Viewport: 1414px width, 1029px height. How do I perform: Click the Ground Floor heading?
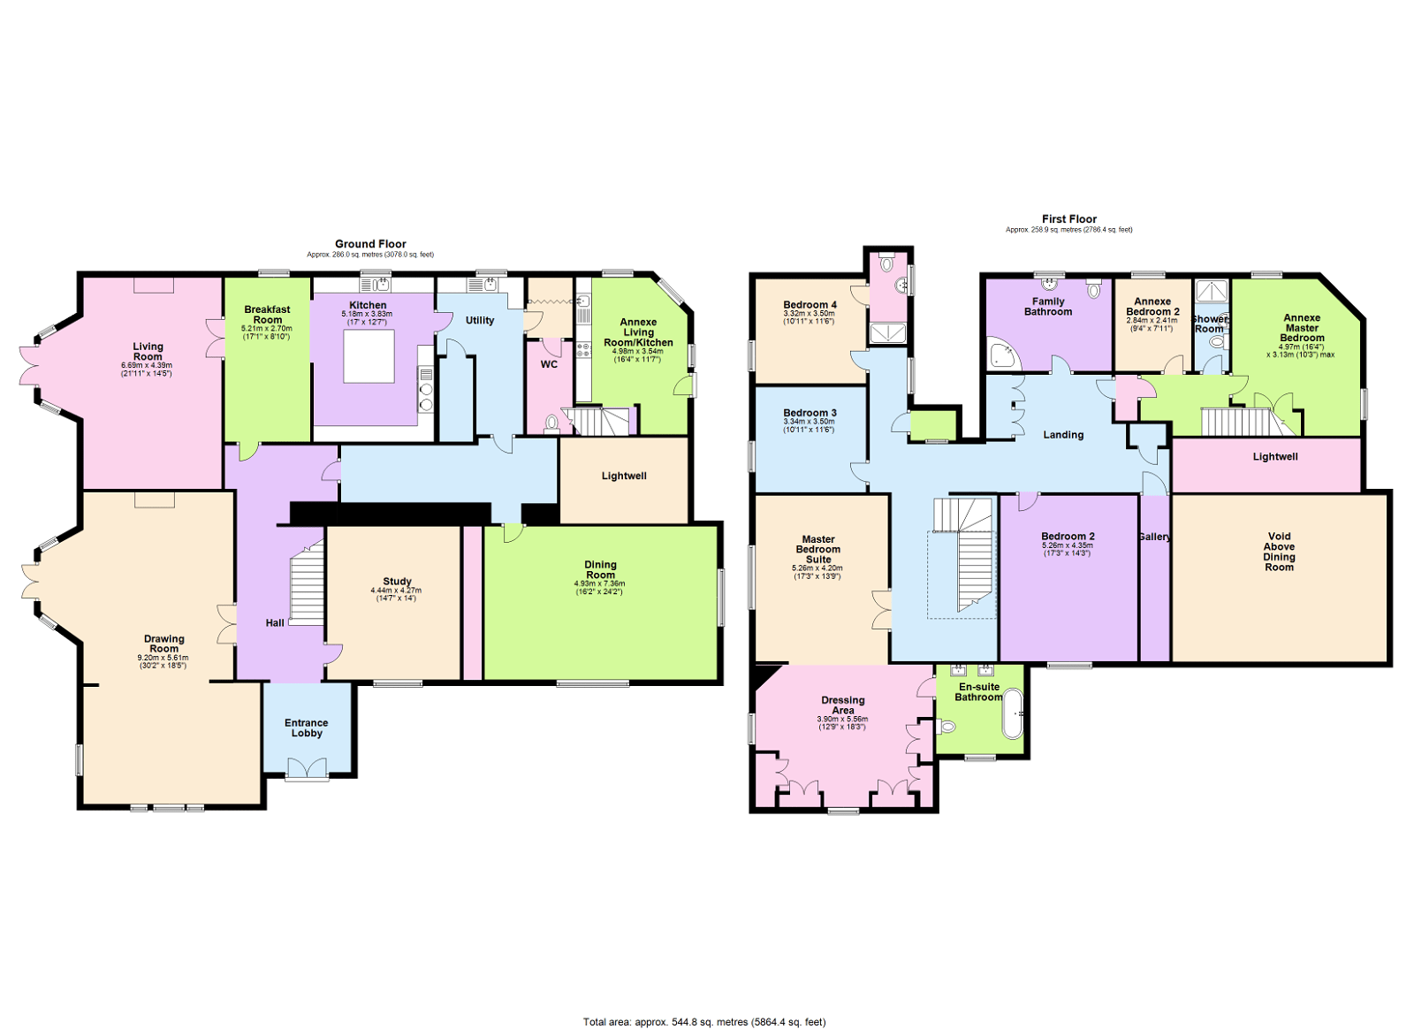(x=370, y=244)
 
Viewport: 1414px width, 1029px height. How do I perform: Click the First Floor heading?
(x=1068, y=219)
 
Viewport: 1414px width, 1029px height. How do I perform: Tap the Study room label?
(x=397, y=582)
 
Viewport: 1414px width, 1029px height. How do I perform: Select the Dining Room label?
(x=600, y=569)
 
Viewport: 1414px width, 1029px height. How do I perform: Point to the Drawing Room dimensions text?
(x=163, y=661)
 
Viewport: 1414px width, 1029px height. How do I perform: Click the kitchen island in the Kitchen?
(x=369, y=357)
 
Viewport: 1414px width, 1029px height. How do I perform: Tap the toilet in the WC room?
(x=552, y=423)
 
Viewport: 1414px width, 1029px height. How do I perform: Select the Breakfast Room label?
(x=267, y=315)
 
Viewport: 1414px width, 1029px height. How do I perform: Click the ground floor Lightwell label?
(x=624, y=476)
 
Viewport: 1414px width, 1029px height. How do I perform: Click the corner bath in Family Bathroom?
(x=1003, y=354)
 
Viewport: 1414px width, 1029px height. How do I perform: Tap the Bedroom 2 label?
(x=1068, y=537)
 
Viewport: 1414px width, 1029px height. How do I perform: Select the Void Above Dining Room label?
(x=1279, y=552)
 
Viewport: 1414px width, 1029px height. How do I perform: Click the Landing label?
(x=1063, y=435)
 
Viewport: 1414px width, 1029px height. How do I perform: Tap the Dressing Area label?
(x=842, y=705)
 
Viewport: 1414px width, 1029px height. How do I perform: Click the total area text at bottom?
(x=704, y=1022)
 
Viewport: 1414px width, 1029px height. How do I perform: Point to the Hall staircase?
(x=307, y=585)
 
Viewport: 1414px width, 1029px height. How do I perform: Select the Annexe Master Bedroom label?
(x=1302, y=327)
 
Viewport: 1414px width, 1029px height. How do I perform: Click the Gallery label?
(x=1154, y=537)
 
